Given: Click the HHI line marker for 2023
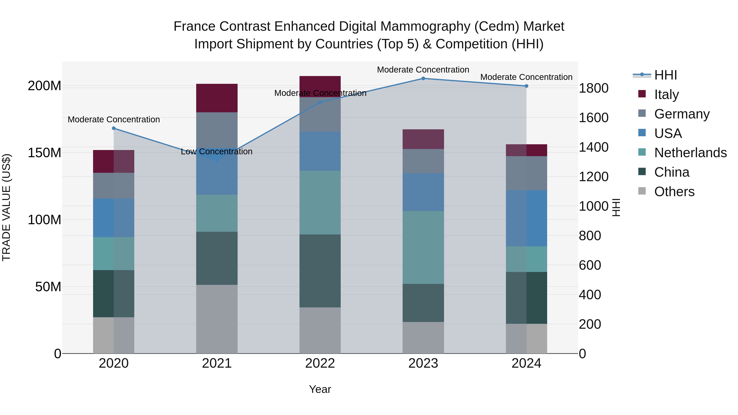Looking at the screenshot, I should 423,78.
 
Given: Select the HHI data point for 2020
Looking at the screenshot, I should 114,128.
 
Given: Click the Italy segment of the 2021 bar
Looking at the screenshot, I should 217,98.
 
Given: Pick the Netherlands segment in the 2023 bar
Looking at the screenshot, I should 423,247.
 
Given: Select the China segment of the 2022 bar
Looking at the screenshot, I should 320,271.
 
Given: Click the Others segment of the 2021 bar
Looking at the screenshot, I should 217,319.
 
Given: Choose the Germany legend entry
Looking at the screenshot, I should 682,114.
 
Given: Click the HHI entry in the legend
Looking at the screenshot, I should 665,75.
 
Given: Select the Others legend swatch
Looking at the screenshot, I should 642,191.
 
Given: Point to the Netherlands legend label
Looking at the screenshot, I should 690,153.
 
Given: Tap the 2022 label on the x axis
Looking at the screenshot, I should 320,363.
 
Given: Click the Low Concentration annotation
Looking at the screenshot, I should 217,151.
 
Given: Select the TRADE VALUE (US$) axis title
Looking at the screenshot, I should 6,207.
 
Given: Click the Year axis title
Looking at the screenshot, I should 320,389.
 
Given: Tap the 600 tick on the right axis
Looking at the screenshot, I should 590,265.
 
